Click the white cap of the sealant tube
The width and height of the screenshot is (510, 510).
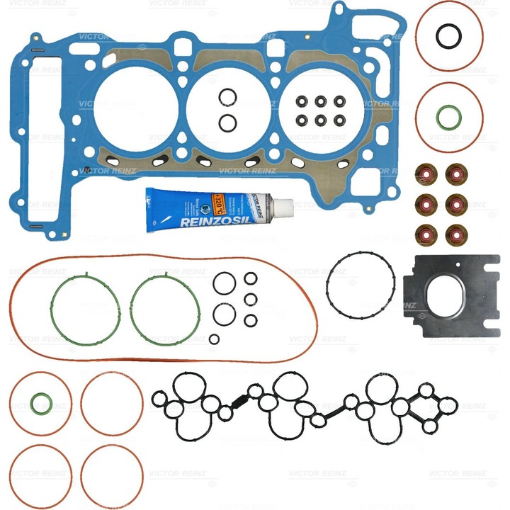[x=283, y=207]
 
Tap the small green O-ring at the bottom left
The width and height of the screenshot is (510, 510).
[x=41, y=403]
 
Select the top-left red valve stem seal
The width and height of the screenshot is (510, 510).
[x=424, y=173]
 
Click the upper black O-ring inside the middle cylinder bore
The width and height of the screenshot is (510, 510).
[x=227, y=97]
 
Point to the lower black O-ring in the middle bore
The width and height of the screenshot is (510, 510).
[x=227, y=123]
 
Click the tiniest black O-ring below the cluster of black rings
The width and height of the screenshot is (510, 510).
[x=214, y=339]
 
